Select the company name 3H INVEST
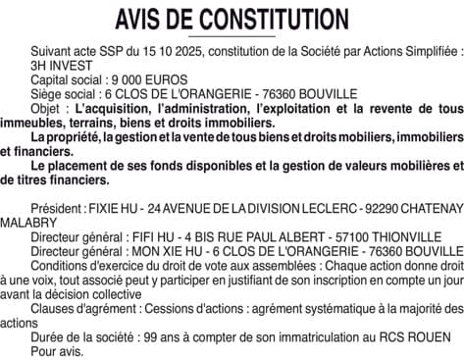point(56,63)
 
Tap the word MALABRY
point(28,225)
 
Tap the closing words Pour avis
point(57,351)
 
